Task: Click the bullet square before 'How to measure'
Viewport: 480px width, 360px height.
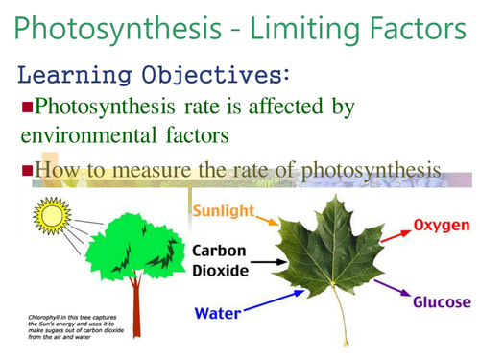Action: coord(27,171)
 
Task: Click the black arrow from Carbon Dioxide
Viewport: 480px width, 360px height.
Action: coord(272,261)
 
